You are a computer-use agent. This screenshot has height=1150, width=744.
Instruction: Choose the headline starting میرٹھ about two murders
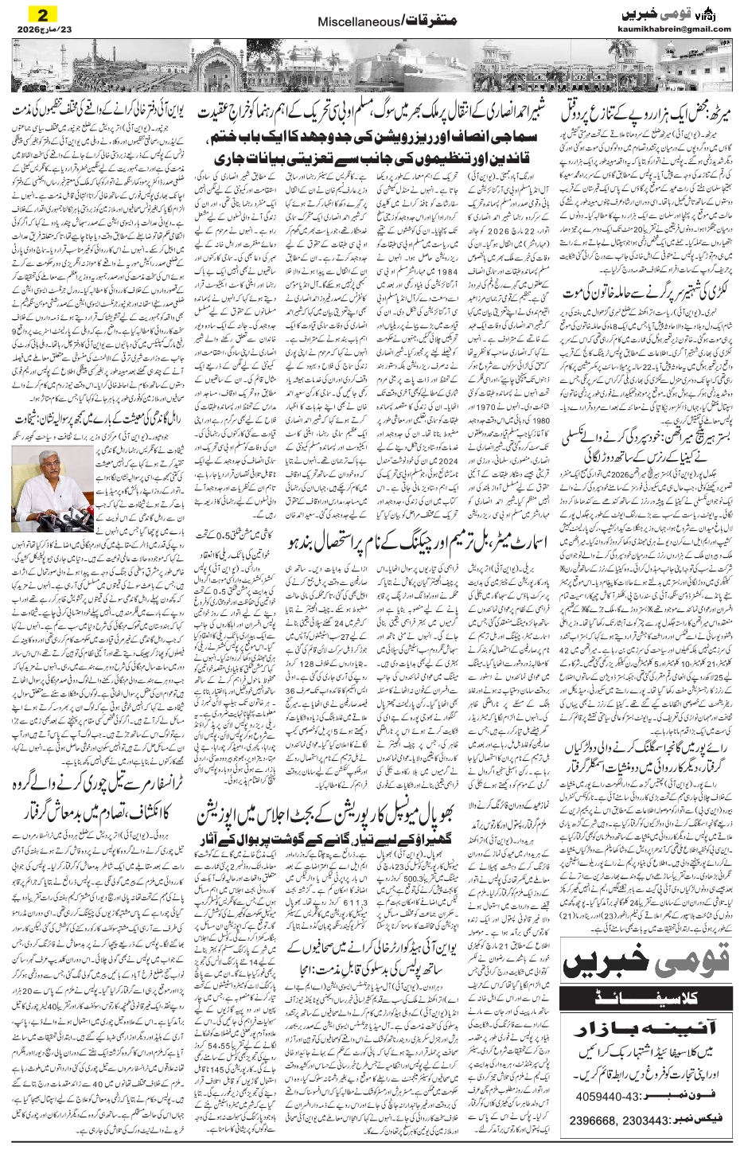click(650, 114)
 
